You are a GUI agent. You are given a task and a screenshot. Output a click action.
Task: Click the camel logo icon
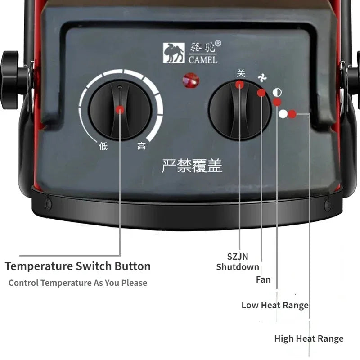173,52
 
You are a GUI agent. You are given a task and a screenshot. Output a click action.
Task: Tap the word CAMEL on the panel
202,59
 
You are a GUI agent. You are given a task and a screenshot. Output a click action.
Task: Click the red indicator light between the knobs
191,81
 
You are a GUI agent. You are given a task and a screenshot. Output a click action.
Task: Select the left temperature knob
120,109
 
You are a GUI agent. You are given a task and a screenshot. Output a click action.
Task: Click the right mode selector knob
239,110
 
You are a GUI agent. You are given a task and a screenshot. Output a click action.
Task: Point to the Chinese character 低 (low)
103,146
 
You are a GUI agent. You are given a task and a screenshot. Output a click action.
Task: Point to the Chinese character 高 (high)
142,146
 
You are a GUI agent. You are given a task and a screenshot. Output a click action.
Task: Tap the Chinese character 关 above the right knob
241,73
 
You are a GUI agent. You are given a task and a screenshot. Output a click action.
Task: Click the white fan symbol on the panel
263,79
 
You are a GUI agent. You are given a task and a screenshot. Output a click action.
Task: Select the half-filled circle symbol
278,93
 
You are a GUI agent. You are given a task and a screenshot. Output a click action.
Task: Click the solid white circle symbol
283,114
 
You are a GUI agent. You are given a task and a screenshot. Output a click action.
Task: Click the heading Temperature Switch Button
78,266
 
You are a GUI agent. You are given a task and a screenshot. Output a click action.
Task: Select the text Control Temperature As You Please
78,283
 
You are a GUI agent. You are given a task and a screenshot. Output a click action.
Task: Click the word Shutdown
238,267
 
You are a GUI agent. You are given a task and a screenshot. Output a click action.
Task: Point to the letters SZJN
238,257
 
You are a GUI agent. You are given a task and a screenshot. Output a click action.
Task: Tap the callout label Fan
263,279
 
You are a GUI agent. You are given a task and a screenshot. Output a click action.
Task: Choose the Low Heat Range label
275,305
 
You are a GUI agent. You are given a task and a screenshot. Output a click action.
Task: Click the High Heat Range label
309,338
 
